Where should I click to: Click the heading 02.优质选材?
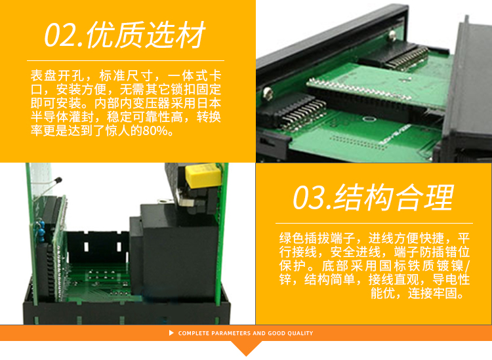click(x=125, y=35)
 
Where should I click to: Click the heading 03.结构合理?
click(x=373, y=197)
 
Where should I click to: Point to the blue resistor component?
click(x=41, y=230)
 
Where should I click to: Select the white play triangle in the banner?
click(x=171, y=332)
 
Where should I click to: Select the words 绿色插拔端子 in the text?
click(x=317, y=238)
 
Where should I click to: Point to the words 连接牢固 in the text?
click(x=432, y=293)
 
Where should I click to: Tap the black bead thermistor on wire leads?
click(x=58, y=181)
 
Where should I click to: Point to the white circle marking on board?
click(x=369, y=119)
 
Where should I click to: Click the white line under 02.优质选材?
click(x=125, y=60)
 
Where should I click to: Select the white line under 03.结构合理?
click(x=374, y=223)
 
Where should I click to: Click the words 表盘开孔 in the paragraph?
click(x=57, y=76)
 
